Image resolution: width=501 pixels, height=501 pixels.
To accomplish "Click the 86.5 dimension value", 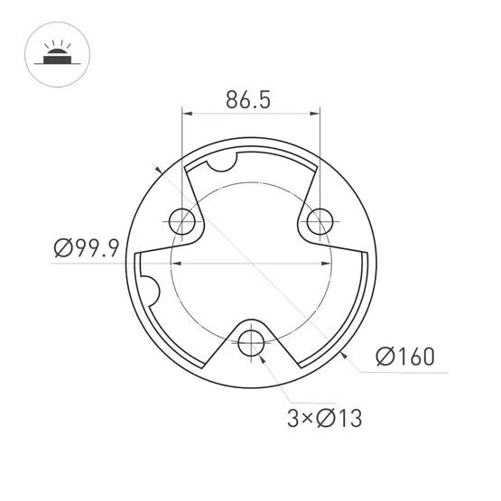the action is point(248,99).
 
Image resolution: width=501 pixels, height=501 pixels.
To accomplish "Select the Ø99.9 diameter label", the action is point(87,247).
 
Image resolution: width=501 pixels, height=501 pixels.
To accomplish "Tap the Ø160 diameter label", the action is point(405,357).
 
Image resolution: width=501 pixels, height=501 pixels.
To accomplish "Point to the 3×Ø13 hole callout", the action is point(325,418).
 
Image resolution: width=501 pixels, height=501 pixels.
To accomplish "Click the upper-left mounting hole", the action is point(181,221).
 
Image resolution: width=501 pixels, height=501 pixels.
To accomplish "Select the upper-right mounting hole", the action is point(320,221).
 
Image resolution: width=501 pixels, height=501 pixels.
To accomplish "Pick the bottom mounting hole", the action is point(252,343).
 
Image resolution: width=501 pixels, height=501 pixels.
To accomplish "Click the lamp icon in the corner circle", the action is point(57,52).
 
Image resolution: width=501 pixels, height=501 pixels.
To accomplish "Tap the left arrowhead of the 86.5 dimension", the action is point(187,114).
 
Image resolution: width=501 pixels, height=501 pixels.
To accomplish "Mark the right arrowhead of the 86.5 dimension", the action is point(314,114).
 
